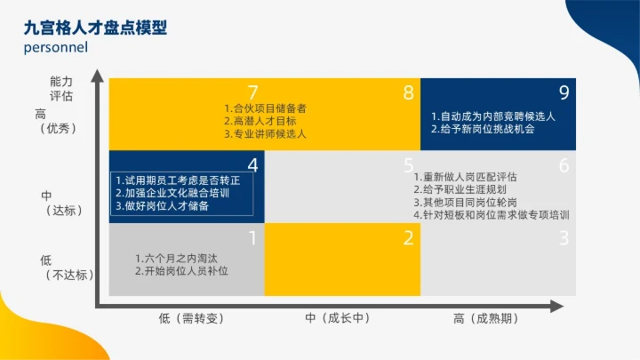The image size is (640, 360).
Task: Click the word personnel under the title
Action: pyautogui.click(x=55, y=48)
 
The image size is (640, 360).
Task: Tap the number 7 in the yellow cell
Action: pyautogui.click(x=253, y=92)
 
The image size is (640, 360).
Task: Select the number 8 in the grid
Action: pyautogui.click(x=408, y=92)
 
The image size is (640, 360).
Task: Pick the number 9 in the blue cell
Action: pyautogui.click(x=564, y=92)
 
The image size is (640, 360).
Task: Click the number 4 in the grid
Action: pyautogui.click(x=253, y=164)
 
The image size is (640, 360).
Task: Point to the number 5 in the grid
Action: pyautogui.click(x=408, y=164)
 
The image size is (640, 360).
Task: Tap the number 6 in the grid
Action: pyautogui.click(x=564, y=164)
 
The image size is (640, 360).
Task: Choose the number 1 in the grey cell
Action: pyautogui.click(x=252, y=237)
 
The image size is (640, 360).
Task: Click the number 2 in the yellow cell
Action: pyautogui.click(x=408, y=237)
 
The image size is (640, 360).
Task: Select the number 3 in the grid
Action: pyautogui.click(x=564, y=237)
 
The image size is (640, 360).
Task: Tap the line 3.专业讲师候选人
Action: pyautogui.click(x=265, y=134)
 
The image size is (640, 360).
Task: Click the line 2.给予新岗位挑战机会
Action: pyautogui.click(x=483, y=129)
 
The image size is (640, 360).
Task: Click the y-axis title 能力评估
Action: pyautogui.click(x=61, y=88)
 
